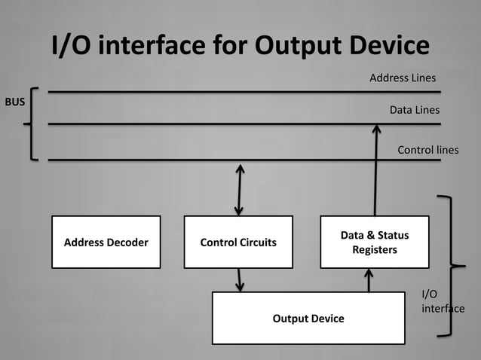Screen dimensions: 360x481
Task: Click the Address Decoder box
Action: [x=106, y=242]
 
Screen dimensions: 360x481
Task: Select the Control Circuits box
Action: [x=238, y=242]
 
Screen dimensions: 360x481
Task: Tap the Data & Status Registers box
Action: [x=375, y=242]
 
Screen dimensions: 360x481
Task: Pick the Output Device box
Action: [x=308, y=318]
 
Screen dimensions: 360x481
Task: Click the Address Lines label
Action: [x=403, y=78]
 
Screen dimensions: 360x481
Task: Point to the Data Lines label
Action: [x=414, y=110]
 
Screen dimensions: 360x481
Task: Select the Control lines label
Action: [x=427, y=150]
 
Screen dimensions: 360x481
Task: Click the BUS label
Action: [x=16, y=102]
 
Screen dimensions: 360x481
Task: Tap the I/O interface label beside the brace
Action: [x=442, y=301]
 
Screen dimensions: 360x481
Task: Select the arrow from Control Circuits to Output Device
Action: [x=240, y=279]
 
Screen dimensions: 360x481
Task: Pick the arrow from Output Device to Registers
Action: [x=369, y=279]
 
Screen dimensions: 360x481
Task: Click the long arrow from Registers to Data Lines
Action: [x=375, y=169]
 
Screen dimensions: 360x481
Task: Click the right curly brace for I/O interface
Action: [x=450, y=265]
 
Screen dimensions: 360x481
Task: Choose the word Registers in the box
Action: [x=375, y=249]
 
